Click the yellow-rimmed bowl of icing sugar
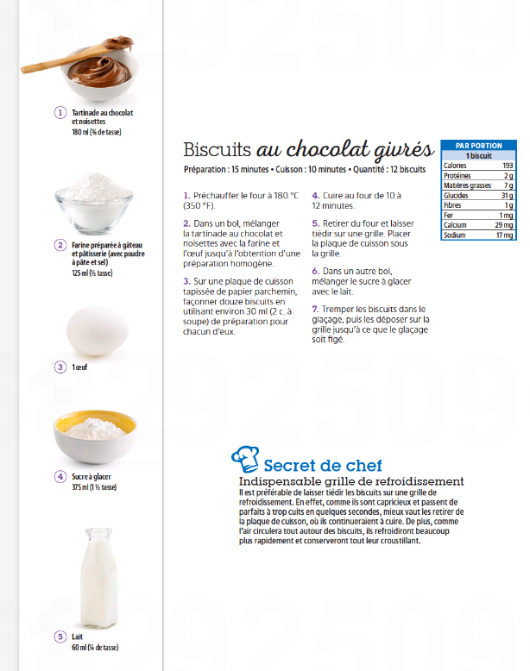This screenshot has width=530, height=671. point(95,435)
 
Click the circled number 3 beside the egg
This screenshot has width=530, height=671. point(60,367)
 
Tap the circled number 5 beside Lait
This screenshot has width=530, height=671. point(60,637)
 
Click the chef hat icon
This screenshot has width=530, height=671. point(245,458)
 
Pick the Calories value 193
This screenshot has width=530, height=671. point(508,166)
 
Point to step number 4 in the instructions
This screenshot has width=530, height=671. point(315,196)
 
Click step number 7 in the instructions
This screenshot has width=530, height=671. point(315,308)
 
